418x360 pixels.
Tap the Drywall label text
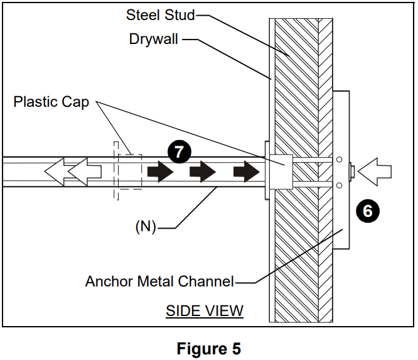coord(154,39)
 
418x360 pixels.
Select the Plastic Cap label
coord(52,102)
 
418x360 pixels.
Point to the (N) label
coord(146,227)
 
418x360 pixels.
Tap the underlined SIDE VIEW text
coord(205,310)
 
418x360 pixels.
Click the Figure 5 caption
coord(208,348)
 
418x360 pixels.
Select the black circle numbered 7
coord(179,152)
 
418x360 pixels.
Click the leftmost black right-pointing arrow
coord(160,172)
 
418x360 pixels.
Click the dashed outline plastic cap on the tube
coord(127,172)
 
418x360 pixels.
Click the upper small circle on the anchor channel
coord(338,159)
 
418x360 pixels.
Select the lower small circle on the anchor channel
coord(338,185)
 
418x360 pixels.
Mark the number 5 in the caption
coord(235,348)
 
